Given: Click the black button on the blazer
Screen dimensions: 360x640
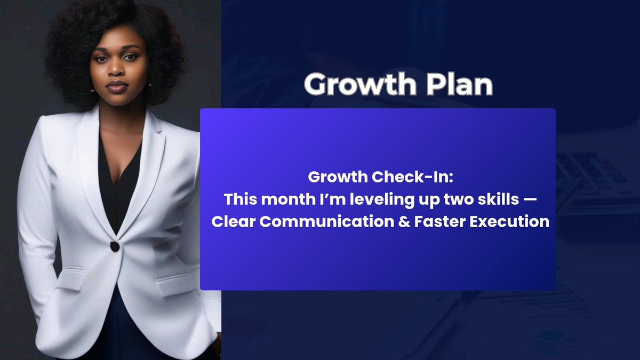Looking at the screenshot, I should click(x=114, y=246).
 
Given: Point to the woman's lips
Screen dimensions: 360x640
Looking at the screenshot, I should click(x=117, y=86).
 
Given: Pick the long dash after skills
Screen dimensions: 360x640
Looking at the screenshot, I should click(x=532, y=199).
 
